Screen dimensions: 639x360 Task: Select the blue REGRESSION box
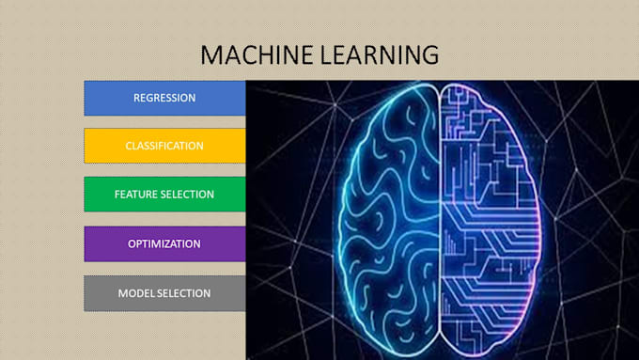pyautogui.click(x=164, y=98)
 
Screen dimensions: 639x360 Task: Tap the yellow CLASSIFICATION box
pyautogui.click(x=164, y=146)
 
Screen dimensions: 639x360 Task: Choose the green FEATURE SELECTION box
pyautogui.click(x=164, y=195)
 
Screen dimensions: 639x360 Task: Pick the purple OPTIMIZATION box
pyautogui.click(x=164, y=243)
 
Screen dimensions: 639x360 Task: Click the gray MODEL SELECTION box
pyautogui.click(x=164, y=293)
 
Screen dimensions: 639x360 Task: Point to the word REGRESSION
pyautogui.click(x=164, y=98)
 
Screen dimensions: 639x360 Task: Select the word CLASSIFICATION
pyautogui.click(x=164, y=146)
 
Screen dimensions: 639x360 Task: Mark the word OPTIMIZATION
pyautogui.click(x=164, y=243)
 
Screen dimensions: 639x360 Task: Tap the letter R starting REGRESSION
pyautogui.click(x=137, y=98)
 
